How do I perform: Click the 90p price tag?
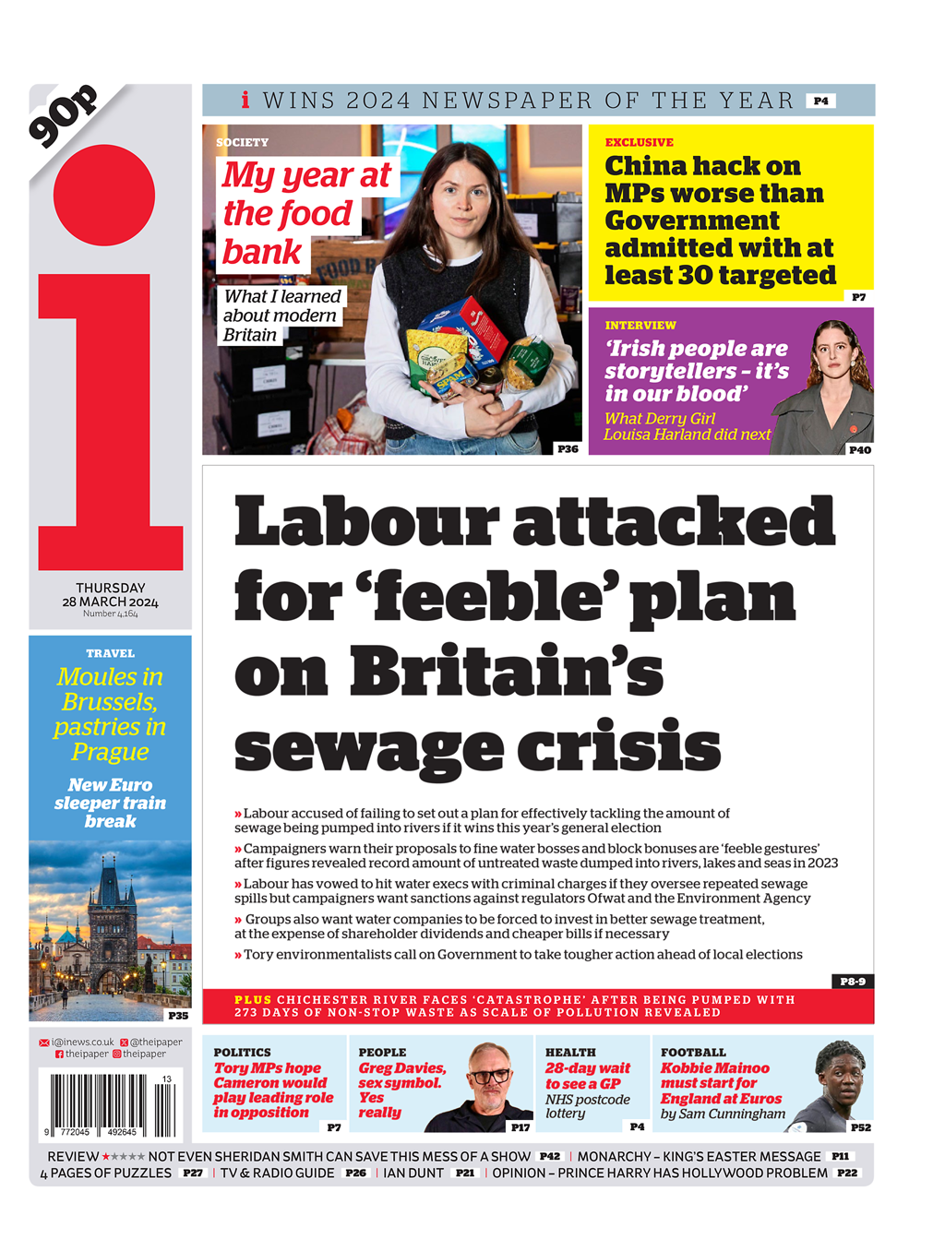pyautogui.click(x=63, y=115)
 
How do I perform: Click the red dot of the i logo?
pyautogui.click(x=104, y=196)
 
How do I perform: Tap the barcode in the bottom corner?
pyautogui.click(x=109, y=1103)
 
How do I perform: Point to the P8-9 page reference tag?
pyautogui.click(x=853, y=981)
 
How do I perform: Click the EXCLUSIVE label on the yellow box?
pyautogui.click(x=640, y=143)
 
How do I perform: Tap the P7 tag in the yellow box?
pyautogui.click(x=858, y=297)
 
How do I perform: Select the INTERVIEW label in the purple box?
pyautogui.click(x=640, y=326)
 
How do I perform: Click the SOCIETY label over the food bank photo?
pyautogui.click(x=243, y=143)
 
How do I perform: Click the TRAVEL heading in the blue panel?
pyautogui.click(x=110, y=653)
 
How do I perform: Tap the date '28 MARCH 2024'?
pyautogui.click(x=110, y=602)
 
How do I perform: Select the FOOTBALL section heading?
pyautogui.click(x=693, y=1053)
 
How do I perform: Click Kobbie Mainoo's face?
pyautogui.click(x=841, y=1070)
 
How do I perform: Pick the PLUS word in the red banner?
pyautogui.click(x=253, y=1000)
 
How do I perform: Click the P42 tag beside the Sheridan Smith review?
pyautogui.click(x=550, y=1156)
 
